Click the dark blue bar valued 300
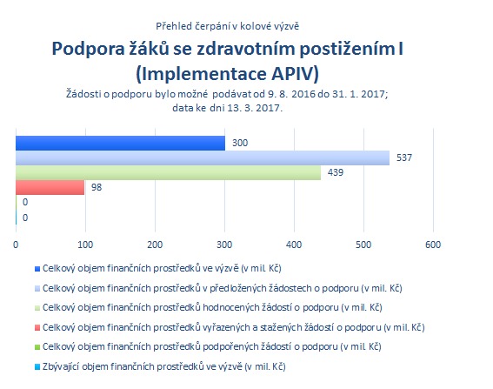(120, 144)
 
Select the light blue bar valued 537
(203, 158)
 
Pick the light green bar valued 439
(169, 173)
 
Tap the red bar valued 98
(50, 188)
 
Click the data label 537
(404, 158)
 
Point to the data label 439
(336, 172)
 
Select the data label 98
(97, 187)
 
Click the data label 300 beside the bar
(240, 143)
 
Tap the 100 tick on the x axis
(85, 245)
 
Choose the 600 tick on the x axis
(433, 245)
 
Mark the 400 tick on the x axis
(294, 245)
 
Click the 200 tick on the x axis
(155, 245)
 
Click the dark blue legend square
(37, 269)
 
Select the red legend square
(37, 327)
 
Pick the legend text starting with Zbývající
(164, 366)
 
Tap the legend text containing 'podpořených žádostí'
(212, 347)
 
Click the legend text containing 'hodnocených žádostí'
(212, 307)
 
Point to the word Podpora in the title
(88, 50)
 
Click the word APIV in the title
(295, 74)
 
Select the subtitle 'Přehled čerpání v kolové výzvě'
(227, 26)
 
